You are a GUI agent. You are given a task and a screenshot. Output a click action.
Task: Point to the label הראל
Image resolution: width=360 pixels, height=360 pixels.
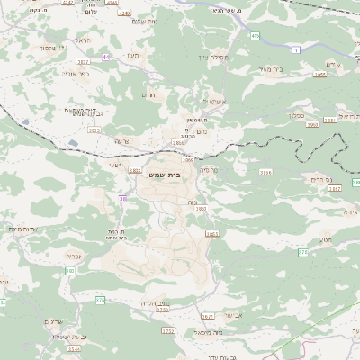click(x=84, y=42)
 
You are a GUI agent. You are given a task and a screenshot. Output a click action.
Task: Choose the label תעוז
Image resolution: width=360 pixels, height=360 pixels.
click(x=133, y=55)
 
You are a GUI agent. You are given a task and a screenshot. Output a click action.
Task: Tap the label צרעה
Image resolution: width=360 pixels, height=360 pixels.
click(x=122, y=141)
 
